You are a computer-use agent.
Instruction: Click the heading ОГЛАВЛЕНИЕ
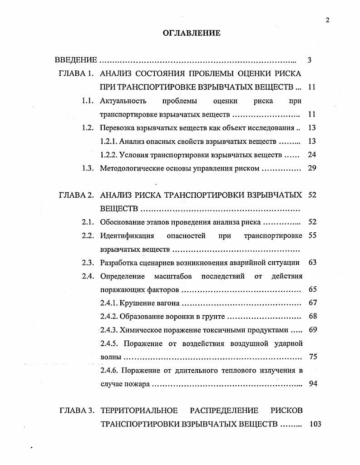pyautogui.click(x=191, y=33)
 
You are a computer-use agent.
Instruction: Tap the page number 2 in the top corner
pyautogui.click(x=327, y=20)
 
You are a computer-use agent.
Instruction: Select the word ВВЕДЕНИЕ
pyautogui.click(x=76, y=60)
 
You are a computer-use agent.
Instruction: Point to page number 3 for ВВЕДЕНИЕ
pyautogui.click(x=309, y=60)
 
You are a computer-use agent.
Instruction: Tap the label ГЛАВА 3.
pyautogui.click(x=76, y=411)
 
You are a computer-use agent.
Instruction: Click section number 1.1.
pyautogui.click(x=88, y=101)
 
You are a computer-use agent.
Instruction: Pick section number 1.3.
pyautogui.click(x=88, y=168)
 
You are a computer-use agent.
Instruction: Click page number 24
pyautogui.click(x=311, y=155)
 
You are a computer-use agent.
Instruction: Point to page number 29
pyautogui.click(x=311, y=168)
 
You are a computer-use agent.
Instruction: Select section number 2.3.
pyautogui.click(x=88, y=262)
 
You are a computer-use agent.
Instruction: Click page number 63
pyautogui.click(x=312, y=262)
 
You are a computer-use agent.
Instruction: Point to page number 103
pyautogui.click(x=314, y=424)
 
